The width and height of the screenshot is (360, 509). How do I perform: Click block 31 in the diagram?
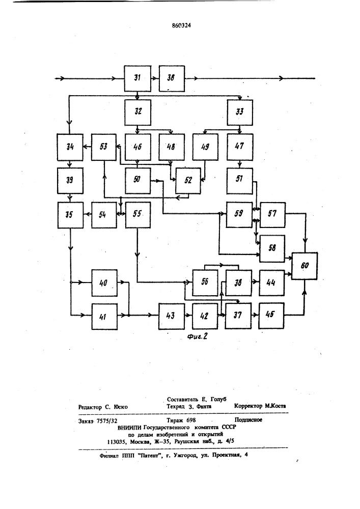138,79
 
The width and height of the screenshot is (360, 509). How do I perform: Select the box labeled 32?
138,112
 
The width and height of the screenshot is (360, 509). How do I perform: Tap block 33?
240,112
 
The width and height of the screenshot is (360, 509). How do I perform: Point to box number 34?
70,148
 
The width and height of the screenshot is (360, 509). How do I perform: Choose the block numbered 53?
104,148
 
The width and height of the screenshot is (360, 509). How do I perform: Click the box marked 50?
138,181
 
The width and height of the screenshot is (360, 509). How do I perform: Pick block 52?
188,181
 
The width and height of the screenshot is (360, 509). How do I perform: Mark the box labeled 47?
240,148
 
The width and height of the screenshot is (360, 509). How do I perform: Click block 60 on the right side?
304,266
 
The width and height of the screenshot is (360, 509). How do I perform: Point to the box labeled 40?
104,282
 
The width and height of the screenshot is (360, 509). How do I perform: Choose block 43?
172,316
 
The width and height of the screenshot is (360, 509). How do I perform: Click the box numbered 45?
272,316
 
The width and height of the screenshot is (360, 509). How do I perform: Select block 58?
272,248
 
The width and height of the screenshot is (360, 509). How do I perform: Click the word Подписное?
248,420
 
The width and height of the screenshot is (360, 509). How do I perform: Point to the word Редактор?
91,407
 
